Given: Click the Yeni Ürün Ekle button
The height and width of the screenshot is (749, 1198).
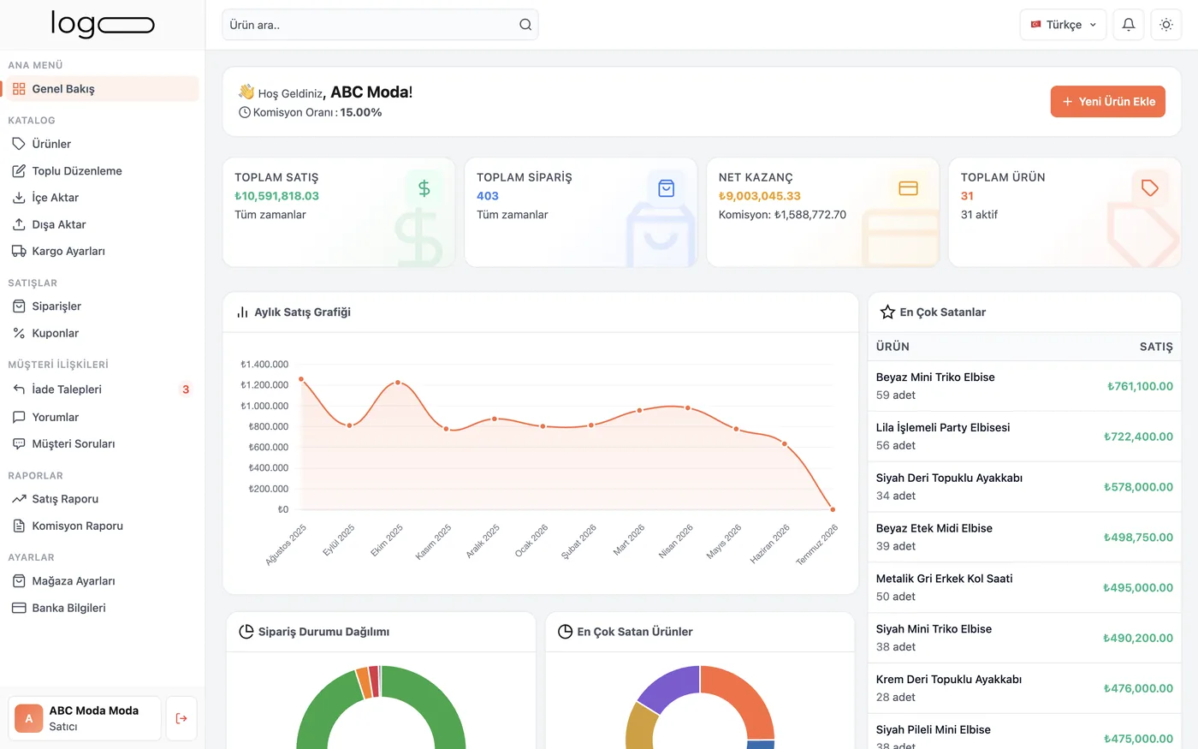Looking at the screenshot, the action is (1107, 101).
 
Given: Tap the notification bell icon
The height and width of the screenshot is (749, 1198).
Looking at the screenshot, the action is (1129, 25).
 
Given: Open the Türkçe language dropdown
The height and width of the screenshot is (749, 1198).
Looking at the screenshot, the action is (1063, 25).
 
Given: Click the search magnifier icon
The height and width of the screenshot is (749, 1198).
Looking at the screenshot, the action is (525, 25).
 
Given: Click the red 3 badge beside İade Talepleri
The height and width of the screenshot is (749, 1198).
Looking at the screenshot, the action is (186, 389).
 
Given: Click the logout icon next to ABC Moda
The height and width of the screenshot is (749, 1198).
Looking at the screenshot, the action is (181, 718).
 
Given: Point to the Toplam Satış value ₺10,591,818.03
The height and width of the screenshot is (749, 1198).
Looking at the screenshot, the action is (276, 196).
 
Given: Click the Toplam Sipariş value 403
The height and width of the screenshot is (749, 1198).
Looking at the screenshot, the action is (487, 196).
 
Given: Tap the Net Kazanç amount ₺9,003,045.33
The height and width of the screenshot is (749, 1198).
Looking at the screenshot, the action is (760, 196).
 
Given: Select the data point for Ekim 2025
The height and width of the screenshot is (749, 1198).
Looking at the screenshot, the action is (398, 383).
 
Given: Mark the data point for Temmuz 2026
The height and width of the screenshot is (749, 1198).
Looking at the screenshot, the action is (833, 509).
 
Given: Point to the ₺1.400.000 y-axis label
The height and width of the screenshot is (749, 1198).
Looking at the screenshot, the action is (264, 365).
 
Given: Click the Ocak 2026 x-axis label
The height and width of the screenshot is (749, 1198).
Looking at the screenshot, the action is (531, 540).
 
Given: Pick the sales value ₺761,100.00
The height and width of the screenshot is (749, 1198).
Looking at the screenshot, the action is (1140, 386).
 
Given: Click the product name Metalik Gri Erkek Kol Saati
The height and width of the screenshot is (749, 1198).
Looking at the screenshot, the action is (944, 579).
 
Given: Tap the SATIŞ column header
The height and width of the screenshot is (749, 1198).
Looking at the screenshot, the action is (1156, 346).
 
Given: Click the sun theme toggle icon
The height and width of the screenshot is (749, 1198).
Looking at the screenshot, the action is (1165, 25).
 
